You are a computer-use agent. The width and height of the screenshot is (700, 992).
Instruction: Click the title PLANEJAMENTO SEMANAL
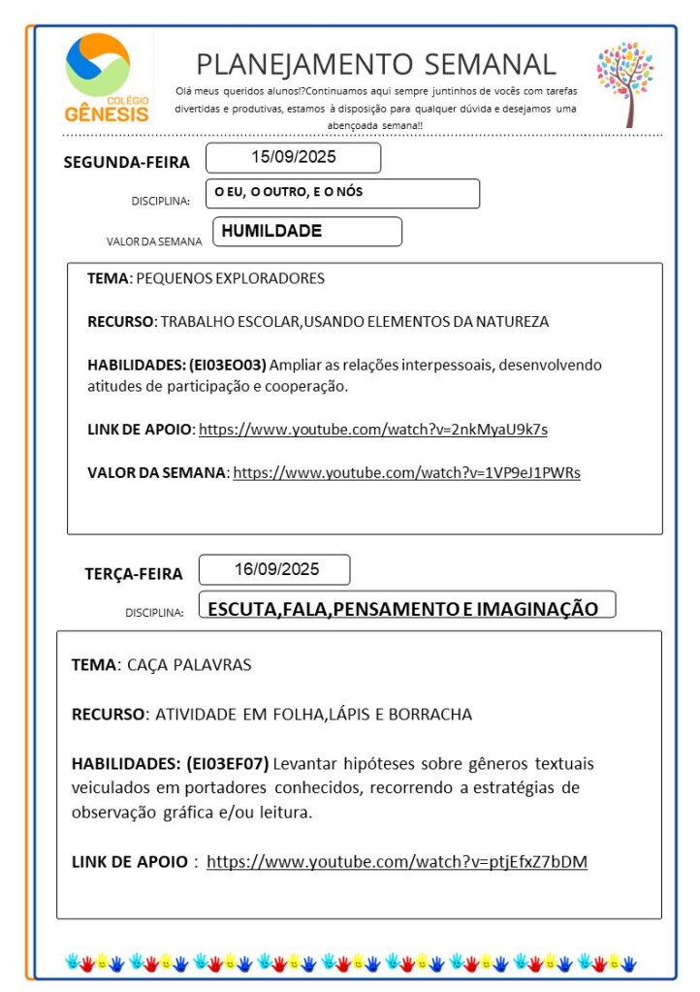376,64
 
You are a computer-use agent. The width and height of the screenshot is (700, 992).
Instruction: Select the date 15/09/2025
294,156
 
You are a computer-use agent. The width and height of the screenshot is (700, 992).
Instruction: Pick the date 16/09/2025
276,569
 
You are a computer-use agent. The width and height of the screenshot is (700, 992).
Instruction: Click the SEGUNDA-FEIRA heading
127,162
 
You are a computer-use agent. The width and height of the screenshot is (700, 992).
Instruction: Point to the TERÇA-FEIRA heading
134,574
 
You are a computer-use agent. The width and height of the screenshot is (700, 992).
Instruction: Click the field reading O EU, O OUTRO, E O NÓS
290,192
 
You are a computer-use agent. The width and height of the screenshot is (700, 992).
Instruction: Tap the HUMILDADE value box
272,231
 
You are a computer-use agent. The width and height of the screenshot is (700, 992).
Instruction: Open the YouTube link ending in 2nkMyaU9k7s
380,429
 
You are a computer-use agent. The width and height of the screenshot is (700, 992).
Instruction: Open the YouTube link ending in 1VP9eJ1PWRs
407,472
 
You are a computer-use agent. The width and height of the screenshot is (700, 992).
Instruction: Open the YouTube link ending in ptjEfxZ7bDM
398,861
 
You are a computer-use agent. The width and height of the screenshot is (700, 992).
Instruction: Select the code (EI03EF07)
227,762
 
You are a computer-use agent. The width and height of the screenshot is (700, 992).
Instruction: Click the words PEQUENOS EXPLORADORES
231,278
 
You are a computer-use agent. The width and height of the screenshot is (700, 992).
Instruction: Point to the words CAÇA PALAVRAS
189,666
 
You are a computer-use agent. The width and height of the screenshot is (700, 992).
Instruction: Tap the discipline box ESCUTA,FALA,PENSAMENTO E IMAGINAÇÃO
403,609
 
